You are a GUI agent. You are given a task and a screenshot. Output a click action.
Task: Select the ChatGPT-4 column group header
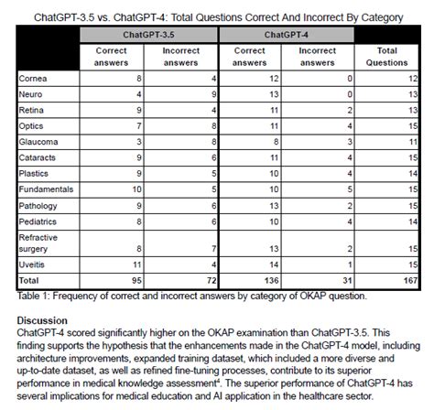coord(288,34)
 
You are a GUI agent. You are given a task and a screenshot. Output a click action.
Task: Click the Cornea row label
coord(33,80)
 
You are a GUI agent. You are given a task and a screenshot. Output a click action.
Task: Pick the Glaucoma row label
coord(38,143)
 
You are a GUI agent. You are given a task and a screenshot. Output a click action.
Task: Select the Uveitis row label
coord(33,263)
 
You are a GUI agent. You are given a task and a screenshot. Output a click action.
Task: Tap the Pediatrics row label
coord(39,221)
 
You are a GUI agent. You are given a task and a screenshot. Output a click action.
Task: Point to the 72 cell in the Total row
coord(209,278)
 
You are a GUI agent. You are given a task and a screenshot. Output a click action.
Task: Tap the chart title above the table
coord(216,11)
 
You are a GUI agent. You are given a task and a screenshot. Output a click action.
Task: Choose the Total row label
coord(30,278)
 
